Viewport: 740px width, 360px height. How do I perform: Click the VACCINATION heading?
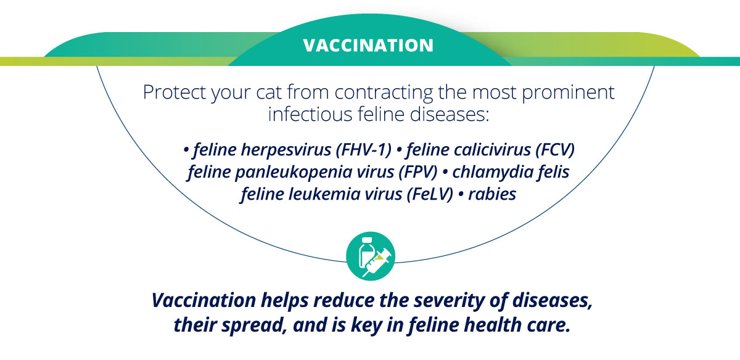pyautogui.click(x=368, y=46)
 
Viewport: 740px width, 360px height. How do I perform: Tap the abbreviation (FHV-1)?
pyautogui.click(x=363, y=150)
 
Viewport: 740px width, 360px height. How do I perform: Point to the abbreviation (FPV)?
pyautogui.click(x=417, y=172)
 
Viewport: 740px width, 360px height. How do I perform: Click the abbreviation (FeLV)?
pyautogui.click(x=429, y=194)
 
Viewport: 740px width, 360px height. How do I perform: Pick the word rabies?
pyautogui.click(x=492, y=194)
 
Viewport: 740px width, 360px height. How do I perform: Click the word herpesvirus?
pyautogui.click(x=286, y=150)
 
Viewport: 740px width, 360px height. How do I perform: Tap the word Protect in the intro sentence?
pyautogui.click(x=175, y=92)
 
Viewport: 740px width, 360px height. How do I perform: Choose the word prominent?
pyautogui.click(x=568, y=93)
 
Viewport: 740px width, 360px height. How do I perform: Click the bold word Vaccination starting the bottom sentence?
pyautogui.click(x=204, y=300)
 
